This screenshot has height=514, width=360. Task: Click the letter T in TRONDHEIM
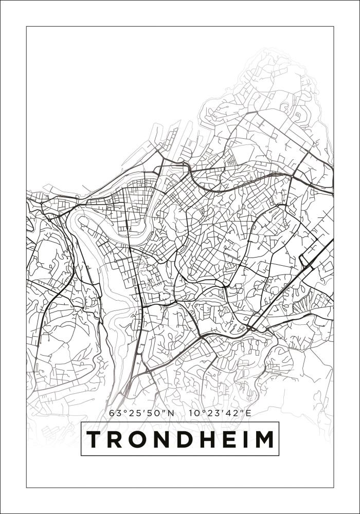[95, 439]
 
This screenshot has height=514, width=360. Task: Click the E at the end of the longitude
[248, 412]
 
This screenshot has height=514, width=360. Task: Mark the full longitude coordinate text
[220, 412]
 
